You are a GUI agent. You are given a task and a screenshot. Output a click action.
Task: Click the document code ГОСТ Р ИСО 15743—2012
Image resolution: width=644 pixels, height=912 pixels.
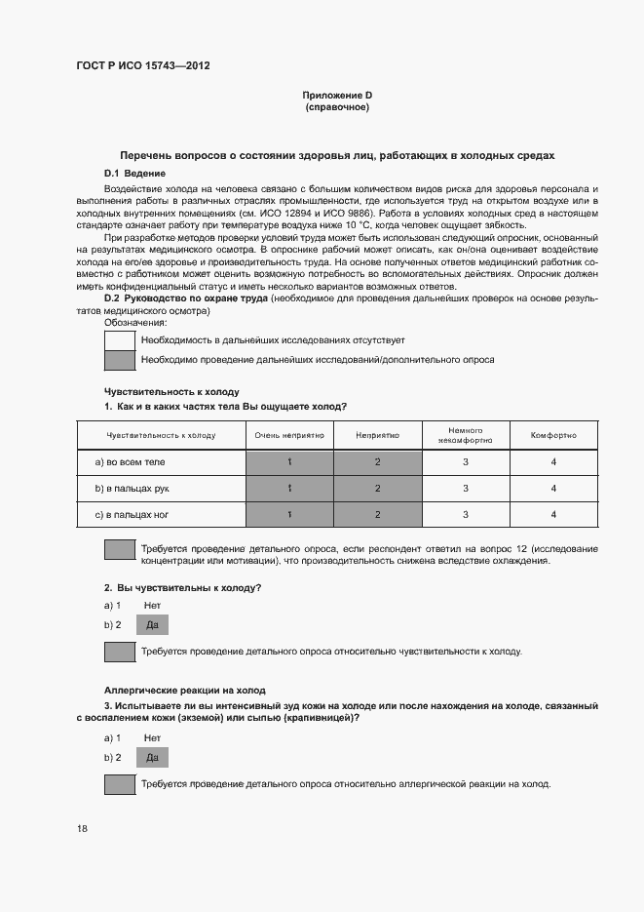click(143, 66)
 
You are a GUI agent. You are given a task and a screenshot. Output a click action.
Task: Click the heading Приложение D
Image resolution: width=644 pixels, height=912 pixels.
click(337, 95)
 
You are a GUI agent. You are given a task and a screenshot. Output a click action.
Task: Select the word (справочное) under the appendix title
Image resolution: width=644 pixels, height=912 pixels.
click(337, 106)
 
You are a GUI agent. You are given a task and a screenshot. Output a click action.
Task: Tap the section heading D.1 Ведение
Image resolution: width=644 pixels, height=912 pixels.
click(127, 173)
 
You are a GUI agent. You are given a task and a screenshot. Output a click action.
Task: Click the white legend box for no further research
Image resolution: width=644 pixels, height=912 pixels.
click(119, 339)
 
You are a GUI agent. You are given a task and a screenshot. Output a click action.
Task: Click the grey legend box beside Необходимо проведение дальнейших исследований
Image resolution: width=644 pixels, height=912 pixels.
click(119, 360)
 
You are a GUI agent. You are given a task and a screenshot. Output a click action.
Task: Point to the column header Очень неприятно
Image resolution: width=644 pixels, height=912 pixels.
click(290, 435)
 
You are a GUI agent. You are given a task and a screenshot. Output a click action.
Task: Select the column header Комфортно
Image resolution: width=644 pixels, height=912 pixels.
click(553, 435)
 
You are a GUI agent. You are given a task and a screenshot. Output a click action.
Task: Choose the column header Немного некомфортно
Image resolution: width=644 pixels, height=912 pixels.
click(466, 435)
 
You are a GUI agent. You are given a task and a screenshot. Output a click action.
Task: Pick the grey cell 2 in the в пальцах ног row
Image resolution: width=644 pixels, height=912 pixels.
click(378, 514)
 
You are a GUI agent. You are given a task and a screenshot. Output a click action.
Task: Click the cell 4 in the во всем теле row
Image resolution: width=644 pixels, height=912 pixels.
click(553, 461)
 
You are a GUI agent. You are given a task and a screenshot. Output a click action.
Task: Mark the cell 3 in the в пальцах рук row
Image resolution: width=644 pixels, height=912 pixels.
click(466, 488)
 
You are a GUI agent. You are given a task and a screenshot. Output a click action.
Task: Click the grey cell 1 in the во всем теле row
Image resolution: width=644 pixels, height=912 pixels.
click(290, 461)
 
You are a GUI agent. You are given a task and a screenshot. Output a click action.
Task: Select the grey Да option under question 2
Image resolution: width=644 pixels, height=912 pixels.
click(151, 625)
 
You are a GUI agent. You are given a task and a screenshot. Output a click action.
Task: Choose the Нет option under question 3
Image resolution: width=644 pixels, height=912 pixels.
click(151, 738)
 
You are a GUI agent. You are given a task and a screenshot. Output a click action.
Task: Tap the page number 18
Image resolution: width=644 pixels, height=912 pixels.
click(82, 828)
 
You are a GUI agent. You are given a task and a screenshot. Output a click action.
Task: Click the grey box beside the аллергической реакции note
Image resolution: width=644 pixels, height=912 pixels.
click(119, 784)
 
